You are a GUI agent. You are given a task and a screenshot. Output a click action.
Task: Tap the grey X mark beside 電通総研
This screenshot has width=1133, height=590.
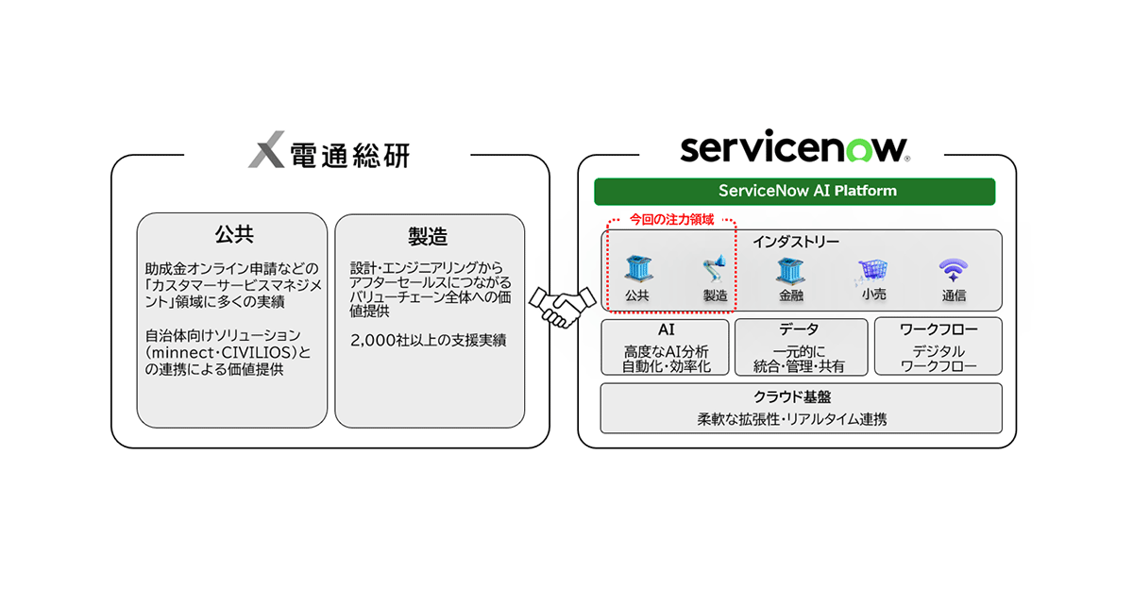(266, 152)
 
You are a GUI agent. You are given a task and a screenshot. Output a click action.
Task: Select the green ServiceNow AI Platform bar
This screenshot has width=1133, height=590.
(794, 191)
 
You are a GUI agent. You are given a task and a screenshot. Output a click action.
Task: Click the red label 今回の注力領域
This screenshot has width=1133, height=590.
(672, 219)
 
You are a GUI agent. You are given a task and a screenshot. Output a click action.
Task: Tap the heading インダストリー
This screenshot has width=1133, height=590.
(795, 242)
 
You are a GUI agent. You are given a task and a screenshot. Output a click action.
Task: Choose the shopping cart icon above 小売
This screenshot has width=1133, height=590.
(872, 272)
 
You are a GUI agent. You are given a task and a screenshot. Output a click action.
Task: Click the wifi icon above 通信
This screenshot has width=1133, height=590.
(953, 271)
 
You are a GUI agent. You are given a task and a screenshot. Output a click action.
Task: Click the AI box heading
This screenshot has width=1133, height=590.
(666, 330)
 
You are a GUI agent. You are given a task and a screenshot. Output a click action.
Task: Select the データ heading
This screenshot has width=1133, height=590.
(800, 330)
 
